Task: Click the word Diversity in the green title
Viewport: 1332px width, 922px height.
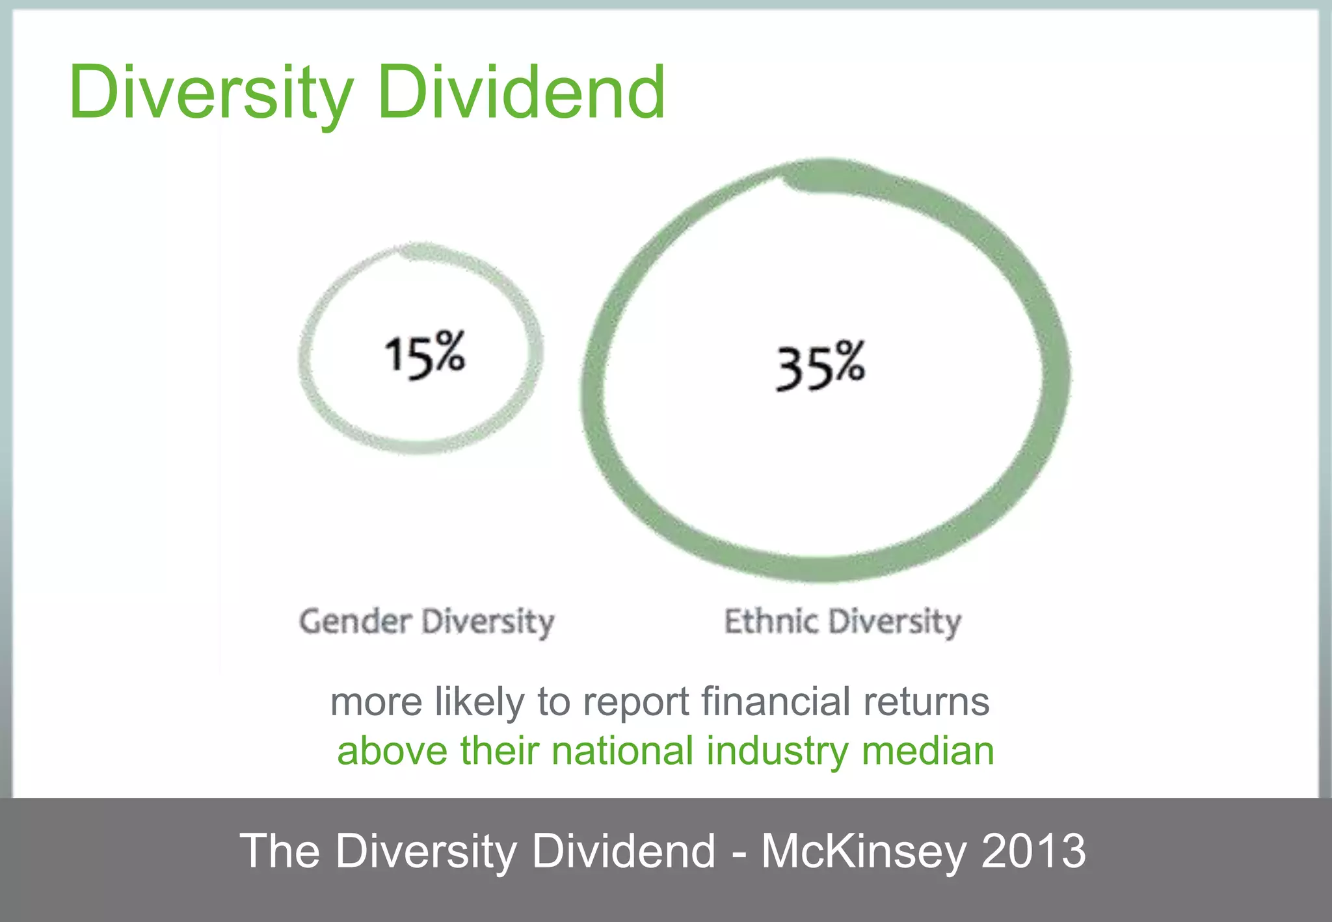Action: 211,92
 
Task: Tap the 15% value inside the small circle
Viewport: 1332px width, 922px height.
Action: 425,355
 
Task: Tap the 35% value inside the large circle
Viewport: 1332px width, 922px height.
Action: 819,365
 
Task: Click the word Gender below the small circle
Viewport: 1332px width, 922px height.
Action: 355,621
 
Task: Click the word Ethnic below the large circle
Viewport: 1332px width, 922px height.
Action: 771,621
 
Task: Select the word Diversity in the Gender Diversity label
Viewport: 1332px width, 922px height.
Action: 488,622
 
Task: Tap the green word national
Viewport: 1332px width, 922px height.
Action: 622,751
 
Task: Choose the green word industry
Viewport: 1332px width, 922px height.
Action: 777,752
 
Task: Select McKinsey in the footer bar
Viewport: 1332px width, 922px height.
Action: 863,851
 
